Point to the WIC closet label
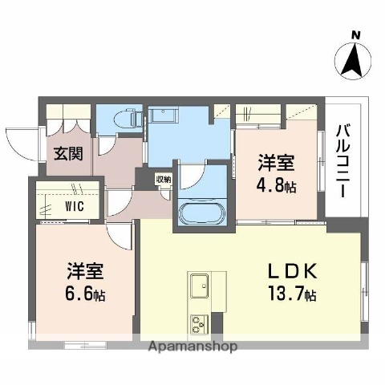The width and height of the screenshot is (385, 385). pos(55,205)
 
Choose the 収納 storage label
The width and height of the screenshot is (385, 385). pos(163,180)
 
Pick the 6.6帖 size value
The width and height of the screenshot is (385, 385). pos(84,294)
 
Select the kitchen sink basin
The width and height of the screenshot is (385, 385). pos(200,285)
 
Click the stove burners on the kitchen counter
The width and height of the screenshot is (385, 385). pos(198,324)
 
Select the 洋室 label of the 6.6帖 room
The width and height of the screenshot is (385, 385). pos(84,271)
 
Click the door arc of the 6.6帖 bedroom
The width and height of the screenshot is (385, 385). pos(120,234)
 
